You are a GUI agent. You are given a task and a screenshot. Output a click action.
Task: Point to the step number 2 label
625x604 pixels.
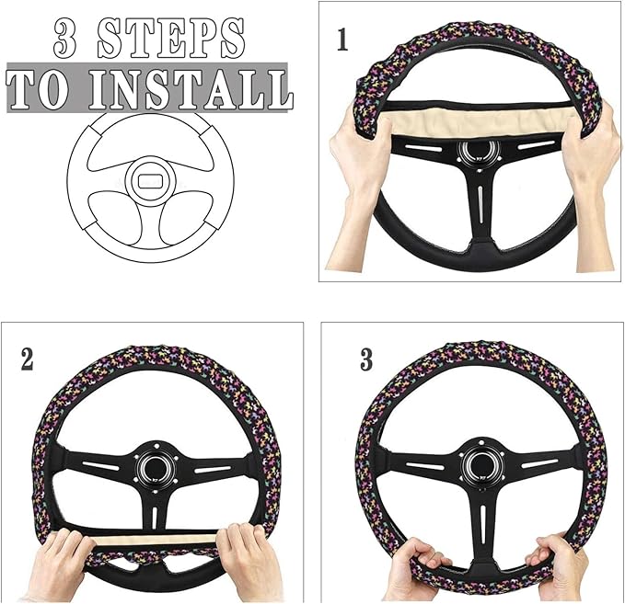pos(28,359)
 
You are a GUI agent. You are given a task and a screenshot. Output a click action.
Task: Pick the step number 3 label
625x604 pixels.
pos(366,359)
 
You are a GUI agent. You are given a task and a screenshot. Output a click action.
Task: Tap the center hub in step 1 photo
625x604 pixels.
pos(479,154)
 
